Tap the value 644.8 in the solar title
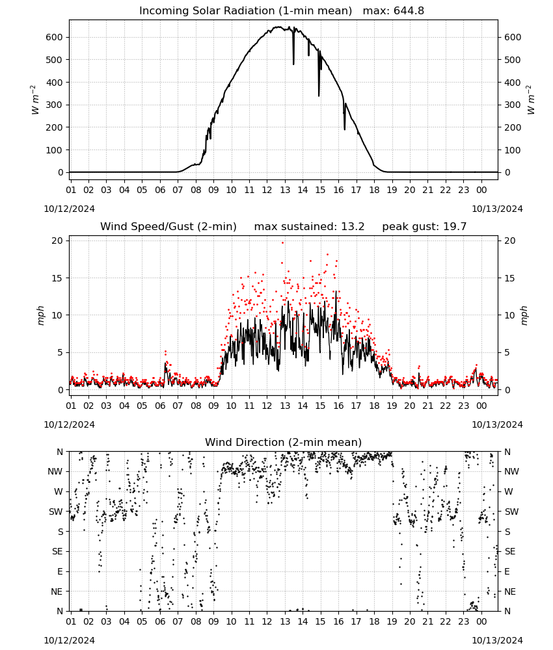point(409,11)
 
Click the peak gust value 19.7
point(455,227)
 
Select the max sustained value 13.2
point(353,227)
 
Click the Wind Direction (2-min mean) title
point(284,442)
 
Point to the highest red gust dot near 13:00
point(283,243)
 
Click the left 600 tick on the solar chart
point(55,37)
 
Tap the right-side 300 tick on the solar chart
point(513,105)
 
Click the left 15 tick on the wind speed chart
point(57,278)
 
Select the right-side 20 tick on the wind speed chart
point(510,241)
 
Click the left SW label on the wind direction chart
point(56,512)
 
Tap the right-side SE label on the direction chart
point(510,551)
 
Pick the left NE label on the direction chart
point(57,591)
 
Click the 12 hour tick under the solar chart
point(267,190)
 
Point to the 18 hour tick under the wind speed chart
point(374,406)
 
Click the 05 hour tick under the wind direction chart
point(142,621)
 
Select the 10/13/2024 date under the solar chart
point(497,209)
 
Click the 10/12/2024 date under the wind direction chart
point(69,640)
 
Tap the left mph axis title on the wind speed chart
point(40,315)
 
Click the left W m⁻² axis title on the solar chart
point(35,100)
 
